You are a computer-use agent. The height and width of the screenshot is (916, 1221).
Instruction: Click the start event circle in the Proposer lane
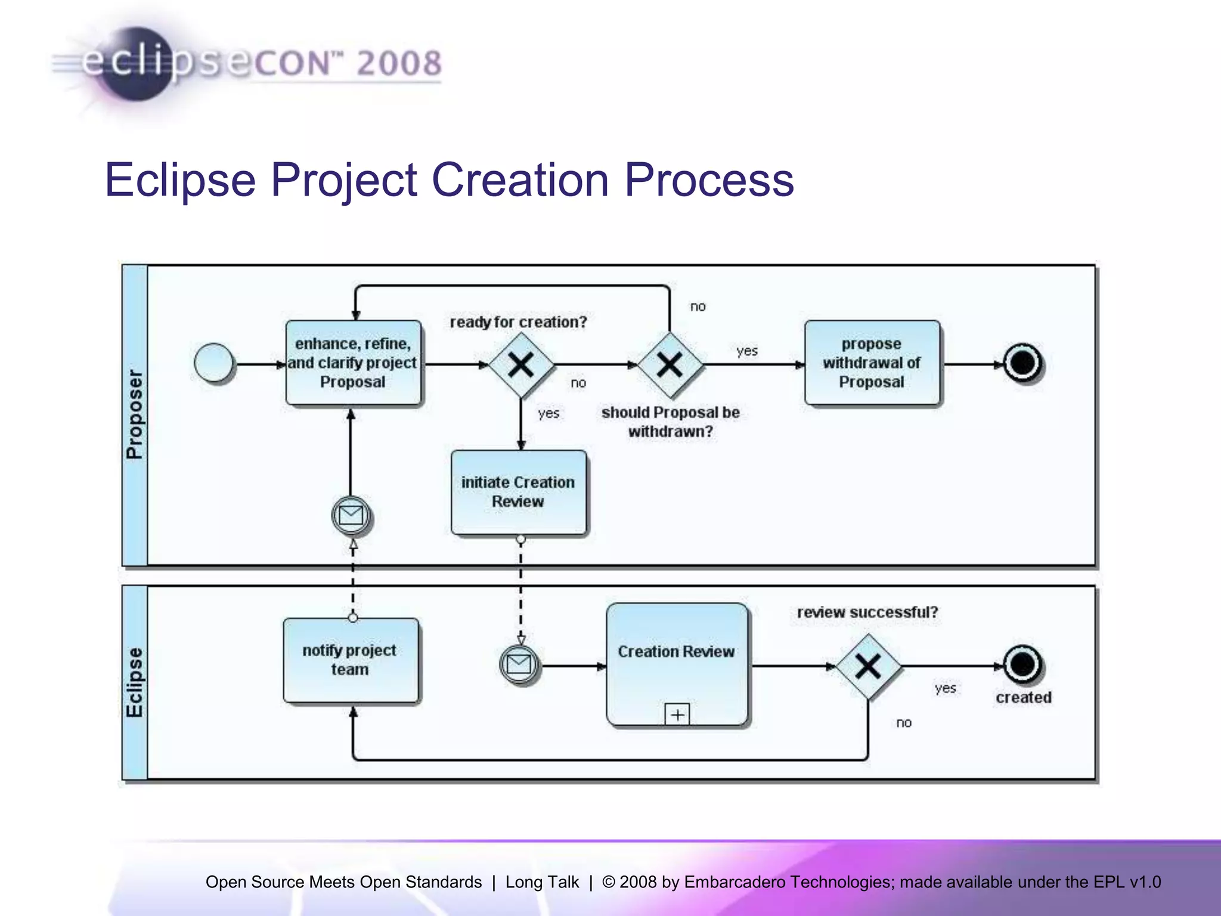click(x=213, y=363)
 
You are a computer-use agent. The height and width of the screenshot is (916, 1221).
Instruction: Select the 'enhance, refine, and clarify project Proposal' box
click(x=353, y=363)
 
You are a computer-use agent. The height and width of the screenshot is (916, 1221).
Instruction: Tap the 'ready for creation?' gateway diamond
click(x=520, y=364)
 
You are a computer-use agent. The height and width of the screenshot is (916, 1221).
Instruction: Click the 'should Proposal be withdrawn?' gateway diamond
click(x=670, y=364)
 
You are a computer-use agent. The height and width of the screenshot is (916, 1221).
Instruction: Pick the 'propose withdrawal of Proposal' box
click(x=872, y=363)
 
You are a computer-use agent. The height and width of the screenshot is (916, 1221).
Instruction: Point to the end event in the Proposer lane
click(x=1023, y=363)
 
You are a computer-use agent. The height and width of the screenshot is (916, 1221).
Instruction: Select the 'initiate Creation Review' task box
click(x=518, y=492)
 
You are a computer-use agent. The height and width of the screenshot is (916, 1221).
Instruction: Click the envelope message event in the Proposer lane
click(x=351, y=515)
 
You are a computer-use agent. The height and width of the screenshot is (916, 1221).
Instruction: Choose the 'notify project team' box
click(x=350, y=660)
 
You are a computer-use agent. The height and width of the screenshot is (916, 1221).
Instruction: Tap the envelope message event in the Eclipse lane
click(x=519, y=664)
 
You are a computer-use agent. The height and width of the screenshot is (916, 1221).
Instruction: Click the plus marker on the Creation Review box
click(x=677, y=714)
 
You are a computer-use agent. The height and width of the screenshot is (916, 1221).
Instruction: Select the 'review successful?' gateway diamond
click(x=868, y=666)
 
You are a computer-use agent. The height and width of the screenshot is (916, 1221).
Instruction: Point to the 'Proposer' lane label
click(x=135, y=414)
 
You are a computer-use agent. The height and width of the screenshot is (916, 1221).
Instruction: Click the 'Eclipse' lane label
click(x=135, y=682)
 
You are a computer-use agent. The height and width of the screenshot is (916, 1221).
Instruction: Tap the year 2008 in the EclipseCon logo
click(x=399, y=63)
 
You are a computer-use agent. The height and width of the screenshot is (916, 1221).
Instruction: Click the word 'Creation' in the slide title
click(x=520, y=180)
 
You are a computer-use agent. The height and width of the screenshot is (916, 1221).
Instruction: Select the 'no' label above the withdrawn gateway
click(x=698, y=307)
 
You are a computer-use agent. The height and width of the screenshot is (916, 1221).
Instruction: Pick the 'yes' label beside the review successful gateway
click(x=945, y=688)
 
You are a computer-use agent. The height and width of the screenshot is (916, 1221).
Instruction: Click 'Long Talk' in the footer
click(x=542, y=882)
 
